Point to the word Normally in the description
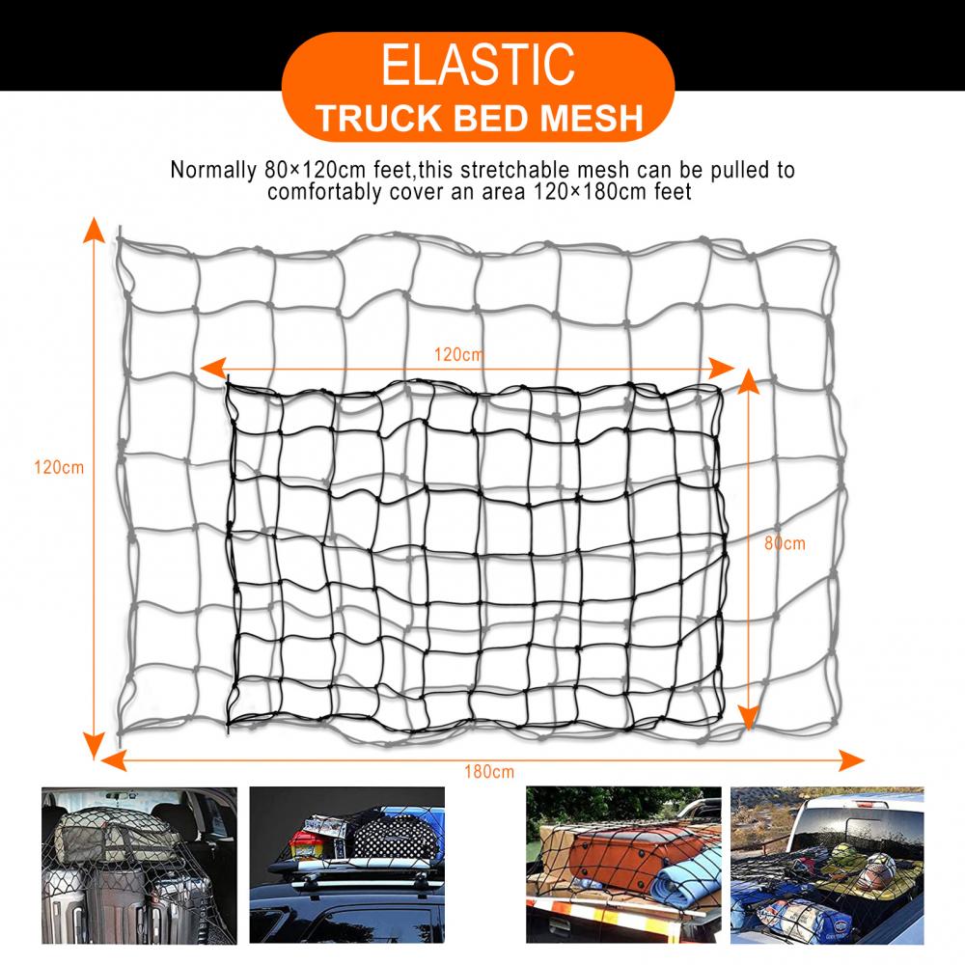(x=213, y=170)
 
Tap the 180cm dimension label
(x=489, y=772)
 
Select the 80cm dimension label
(x=785, y=543)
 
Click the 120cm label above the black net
(x=459, y=354)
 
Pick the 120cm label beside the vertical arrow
(x=59, y=468)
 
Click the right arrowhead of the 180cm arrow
(x=852, y=760)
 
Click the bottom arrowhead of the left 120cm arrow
(x=94, y=746)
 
